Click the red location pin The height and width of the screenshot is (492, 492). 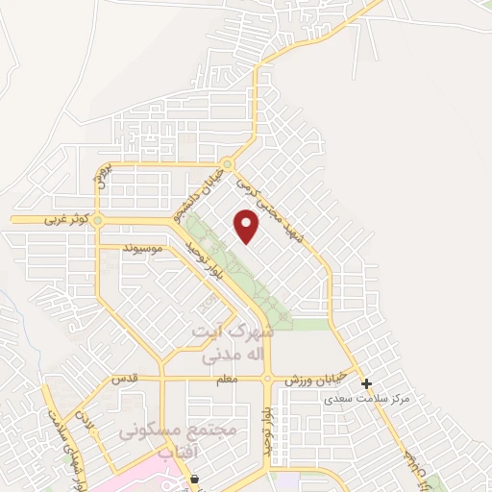247,226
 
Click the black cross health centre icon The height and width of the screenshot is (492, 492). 366,383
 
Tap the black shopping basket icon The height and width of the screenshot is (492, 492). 195,479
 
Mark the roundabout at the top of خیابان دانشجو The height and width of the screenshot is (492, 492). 228,164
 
